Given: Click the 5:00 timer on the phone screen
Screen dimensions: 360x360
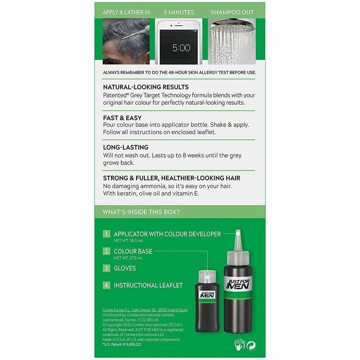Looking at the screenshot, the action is [x=181, y=48].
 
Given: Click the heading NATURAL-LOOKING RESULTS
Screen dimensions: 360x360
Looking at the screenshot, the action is [x=146, y=87].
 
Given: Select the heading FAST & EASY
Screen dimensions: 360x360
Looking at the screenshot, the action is [x=122, y=118].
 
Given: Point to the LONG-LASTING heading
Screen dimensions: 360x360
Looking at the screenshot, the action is [x=125, y=147].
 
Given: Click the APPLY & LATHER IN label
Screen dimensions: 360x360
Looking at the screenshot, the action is [x=126, y=13].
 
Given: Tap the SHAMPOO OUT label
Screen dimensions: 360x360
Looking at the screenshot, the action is [x=232, y=13].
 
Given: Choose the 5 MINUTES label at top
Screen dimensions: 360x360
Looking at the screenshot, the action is [x=179, y=13].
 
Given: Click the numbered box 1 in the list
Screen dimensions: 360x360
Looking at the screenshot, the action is [x=106, y=234].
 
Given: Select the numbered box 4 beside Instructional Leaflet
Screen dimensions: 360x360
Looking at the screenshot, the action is [x=106, y=285].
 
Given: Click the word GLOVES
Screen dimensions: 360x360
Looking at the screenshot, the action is [x=125, y=268].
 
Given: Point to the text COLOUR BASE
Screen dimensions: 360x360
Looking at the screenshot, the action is [x=133, y=251].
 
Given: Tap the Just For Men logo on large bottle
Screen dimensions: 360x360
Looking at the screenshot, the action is [x=238, y=284].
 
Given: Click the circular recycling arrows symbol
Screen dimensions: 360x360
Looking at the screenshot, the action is [x=251, y=346].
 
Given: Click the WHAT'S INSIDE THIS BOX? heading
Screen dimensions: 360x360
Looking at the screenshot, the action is [x=141, y=212].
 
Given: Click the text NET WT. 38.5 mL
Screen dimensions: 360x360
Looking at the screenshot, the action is [x=128, y=241].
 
